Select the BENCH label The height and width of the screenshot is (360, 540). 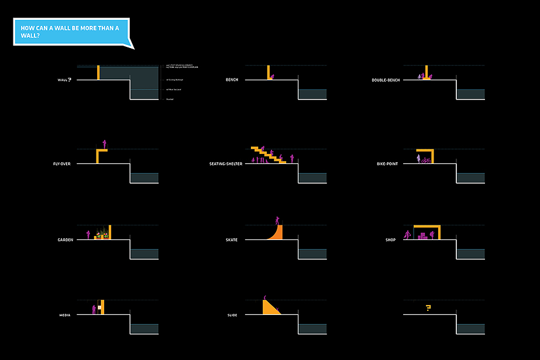[232, 80]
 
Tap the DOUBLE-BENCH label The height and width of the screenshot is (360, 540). [386, 80]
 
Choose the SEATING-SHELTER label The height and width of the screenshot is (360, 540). [226, 164]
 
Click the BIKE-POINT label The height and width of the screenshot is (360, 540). [387, 164]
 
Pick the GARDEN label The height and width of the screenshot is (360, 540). [65, 240]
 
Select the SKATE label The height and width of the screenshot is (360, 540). [232, 240]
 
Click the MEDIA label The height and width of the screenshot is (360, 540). [65, 316]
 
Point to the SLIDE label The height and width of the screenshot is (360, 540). [232, 316]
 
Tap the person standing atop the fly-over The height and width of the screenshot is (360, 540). [104, 143]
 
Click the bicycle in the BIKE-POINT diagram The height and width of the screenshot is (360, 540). [426, 160]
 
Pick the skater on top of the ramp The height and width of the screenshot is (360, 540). [277, 220]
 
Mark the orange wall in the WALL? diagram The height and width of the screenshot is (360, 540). [99, 73]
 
